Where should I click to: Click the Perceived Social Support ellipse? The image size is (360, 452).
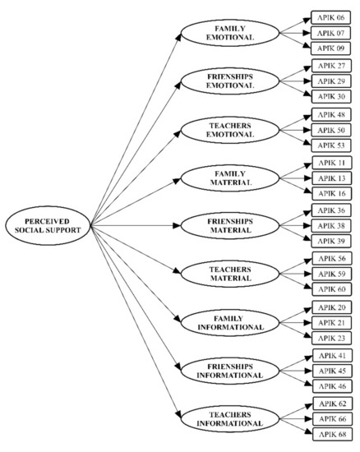coord(47,223)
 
